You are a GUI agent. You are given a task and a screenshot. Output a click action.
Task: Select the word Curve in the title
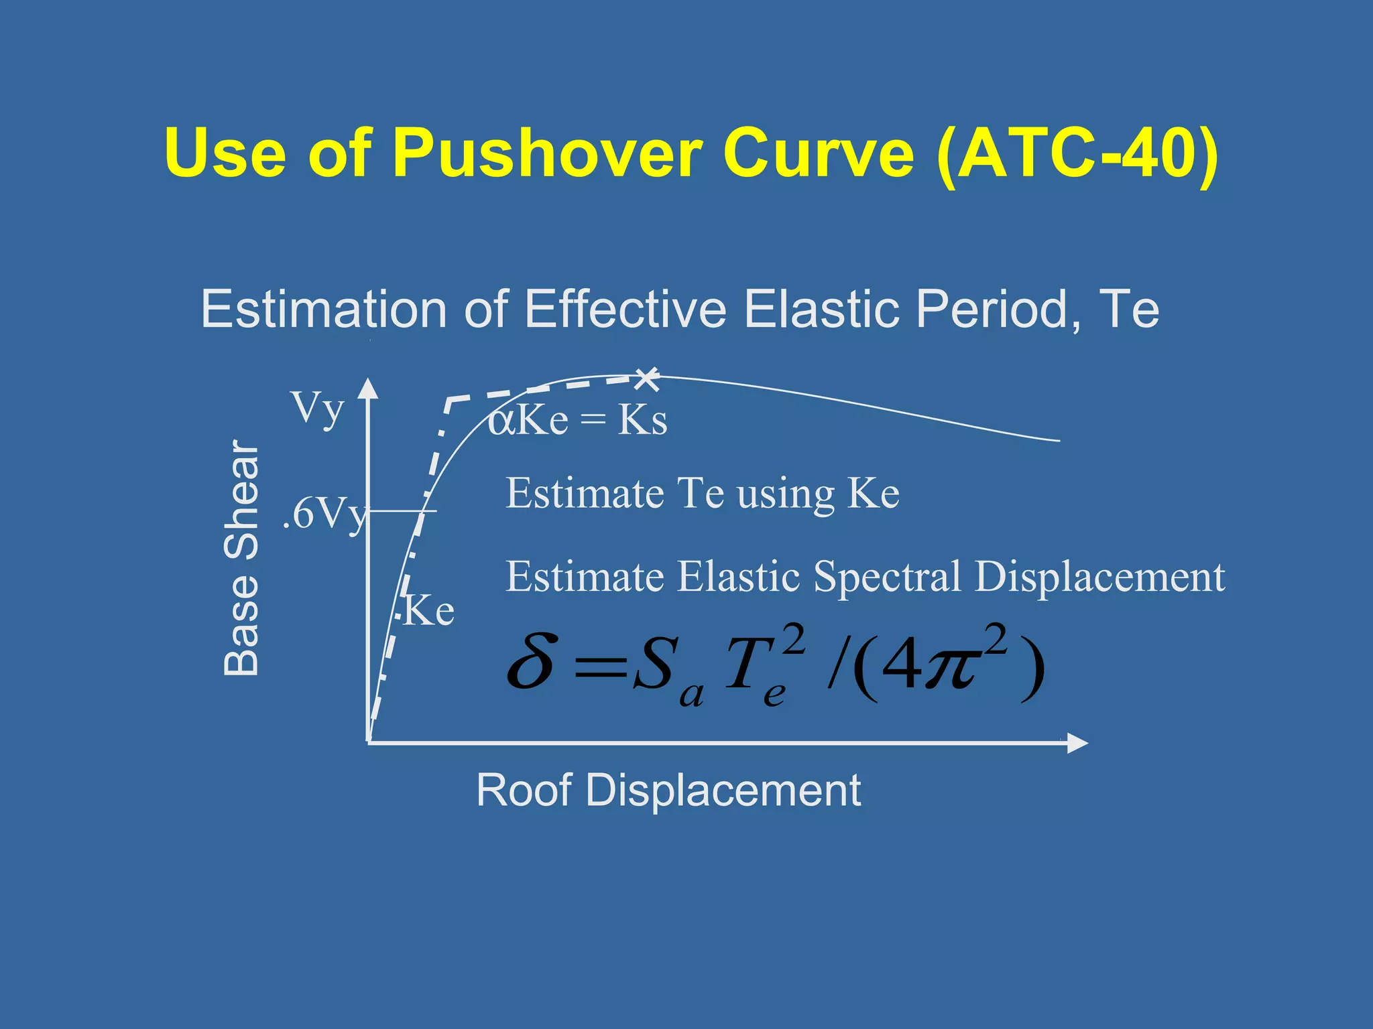click(818, 153)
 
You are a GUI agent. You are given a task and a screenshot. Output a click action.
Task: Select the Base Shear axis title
click(241, 557)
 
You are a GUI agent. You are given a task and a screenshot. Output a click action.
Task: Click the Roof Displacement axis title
click(668, 790)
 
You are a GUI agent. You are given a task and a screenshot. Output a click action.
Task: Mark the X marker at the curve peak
click(647, 379)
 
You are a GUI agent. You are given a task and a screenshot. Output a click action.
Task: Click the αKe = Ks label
click(577, 421)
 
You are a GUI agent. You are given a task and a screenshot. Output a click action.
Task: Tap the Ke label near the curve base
click(429, 611)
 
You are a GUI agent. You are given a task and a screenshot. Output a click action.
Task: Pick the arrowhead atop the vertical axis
click(367, 388)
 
